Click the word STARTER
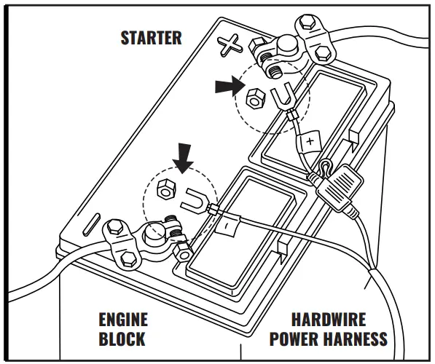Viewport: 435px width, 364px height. pyautogui.click(x=152, y=38)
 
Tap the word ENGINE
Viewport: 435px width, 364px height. pyautogui.click(x=123, y=320)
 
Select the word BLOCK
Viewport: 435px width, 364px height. pyautogui.click(x=122, y=339)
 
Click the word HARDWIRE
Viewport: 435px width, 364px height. pyautogui.click(x=329, y=320)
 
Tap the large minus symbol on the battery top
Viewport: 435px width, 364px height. pyautogui.click(x=92, y=224)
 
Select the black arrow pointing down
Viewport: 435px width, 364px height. pyautogui.click(x=183, y=158)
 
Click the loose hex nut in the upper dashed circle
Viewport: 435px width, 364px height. pyautogui.click(x=255, y=98)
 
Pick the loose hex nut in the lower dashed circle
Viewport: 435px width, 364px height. pyautogui.click(x=166, y=189)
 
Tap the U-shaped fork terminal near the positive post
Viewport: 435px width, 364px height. pyautogui.click(x=283, y=98)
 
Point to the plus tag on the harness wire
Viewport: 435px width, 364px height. pyautogui.click(x=310, y=141)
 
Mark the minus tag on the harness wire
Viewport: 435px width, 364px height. pyautogui.click(x=227, y=226)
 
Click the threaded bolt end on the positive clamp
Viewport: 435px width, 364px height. pyautogui.click(x=275, y=71)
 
